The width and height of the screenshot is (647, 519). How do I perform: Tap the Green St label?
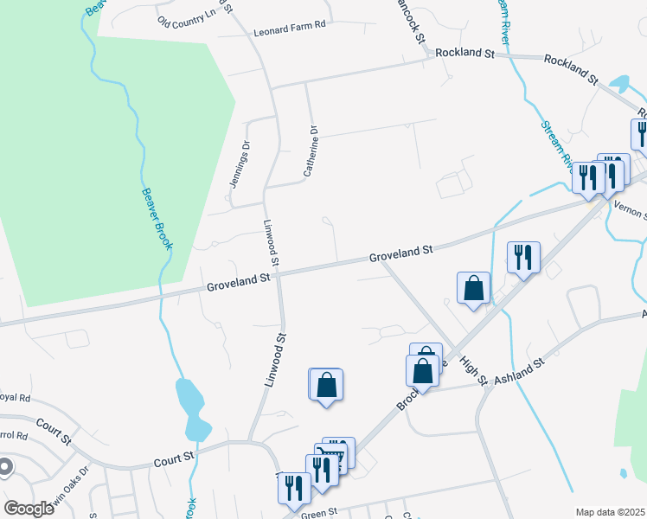point(317,513)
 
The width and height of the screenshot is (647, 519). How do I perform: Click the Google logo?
point(29,508)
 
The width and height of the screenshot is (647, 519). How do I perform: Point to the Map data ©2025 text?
point(609,512)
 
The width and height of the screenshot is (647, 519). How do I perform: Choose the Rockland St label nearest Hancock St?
point(464,53)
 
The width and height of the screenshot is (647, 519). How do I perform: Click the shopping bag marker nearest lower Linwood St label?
point(326,384)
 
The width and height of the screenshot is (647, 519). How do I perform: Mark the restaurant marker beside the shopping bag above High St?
point(523,257)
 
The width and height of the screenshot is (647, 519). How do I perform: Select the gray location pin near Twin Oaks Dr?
point(4,467)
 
